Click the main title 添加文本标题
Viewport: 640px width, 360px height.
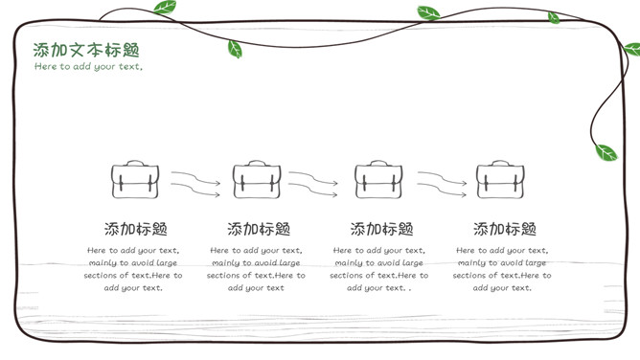click(x=86, y=50)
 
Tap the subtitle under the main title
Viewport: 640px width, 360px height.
click(x=88, y=67)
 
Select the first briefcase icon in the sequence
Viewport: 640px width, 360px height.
click(x=135, y=180)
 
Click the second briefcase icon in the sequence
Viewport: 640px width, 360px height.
click(x=257, y=180)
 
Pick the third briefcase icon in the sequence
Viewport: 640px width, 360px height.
click(x=378, y=180)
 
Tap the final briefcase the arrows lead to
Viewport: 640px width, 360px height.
click(x=501, y=180)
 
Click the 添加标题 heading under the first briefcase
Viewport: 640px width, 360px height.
click(x=135, y=230)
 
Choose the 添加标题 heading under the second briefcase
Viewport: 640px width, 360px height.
click(x=258, y=230)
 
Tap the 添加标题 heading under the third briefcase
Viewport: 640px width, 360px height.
click(x=381, y=230)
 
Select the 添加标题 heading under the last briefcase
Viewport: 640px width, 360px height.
click(x=504, y=230)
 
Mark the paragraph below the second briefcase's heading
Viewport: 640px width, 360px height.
click(x=256, y=269)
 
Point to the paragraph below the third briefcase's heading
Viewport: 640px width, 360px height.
click(x=379, y=269)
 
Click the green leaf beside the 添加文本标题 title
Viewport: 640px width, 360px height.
click(x=234, y=48)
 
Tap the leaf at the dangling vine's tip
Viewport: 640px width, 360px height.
click(x=606, y=151)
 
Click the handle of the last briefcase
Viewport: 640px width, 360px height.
click(x=501, y=165)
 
